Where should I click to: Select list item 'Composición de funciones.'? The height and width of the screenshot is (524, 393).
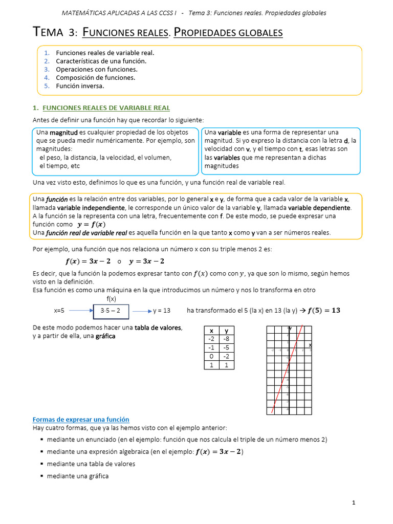96,77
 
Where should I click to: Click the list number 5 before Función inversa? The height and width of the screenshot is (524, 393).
46,86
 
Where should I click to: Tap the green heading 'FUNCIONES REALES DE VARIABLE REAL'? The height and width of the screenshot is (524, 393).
106,107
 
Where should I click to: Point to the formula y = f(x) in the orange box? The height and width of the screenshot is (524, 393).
91,224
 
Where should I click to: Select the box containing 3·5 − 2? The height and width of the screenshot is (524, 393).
111,311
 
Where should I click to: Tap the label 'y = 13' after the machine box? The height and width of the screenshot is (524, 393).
161,311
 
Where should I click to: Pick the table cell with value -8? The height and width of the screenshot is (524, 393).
227,339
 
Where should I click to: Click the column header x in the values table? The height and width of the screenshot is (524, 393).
211,331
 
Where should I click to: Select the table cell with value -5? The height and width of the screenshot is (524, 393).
227,347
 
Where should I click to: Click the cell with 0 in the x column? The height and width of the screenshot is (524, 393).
211,356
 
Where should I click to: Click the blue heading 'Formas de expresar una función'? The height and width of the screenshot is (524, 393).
81,419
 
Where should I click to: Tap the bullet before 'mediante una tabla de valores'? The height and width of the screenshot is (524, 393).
41,464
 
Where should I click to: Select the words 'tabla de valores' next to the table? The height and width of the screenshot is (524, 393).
158,327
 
